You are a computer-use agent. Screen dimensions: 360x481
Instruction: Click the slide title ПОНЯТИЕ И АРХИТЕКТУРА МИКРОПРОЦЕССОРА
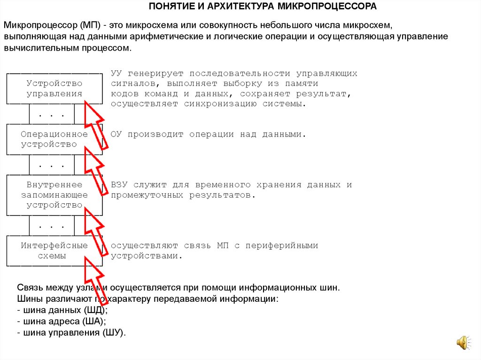[x=263, y=7]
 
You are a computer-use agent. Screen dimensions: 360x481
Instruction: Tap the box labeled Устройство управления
[x=54, y=89]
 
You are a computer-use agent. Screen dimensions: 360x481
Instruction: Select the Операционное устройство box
[x=54, y=139]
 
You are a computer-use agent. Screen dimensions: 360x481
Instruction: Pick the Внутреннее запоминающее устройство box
[x=54, y=195]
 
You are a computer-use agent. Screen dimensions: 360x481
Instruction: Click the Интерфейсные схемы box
[x=54, y=251]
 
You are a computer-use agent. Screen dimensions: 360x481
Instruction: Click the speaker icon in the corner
[x=463, y=343]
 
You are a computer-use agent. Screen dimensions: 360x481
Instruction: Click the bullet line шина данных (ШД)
[x=62, y=311]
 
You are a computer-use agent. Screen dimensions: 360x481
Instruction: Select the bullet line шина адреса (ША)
[x=61, y=322]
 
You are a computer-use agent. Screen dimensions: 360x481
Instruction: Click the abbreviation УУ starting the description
[x=116, y=74]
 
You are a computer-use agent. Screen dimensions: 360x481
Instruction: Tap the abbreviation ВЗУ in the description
[x=119, y=185]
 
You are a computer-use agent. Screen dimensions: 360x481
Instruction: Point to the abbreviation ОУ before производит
[x=116, y=134]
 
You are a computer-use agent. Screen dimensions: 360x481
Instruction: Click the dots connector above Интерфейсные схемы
[x=52, y=227]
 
